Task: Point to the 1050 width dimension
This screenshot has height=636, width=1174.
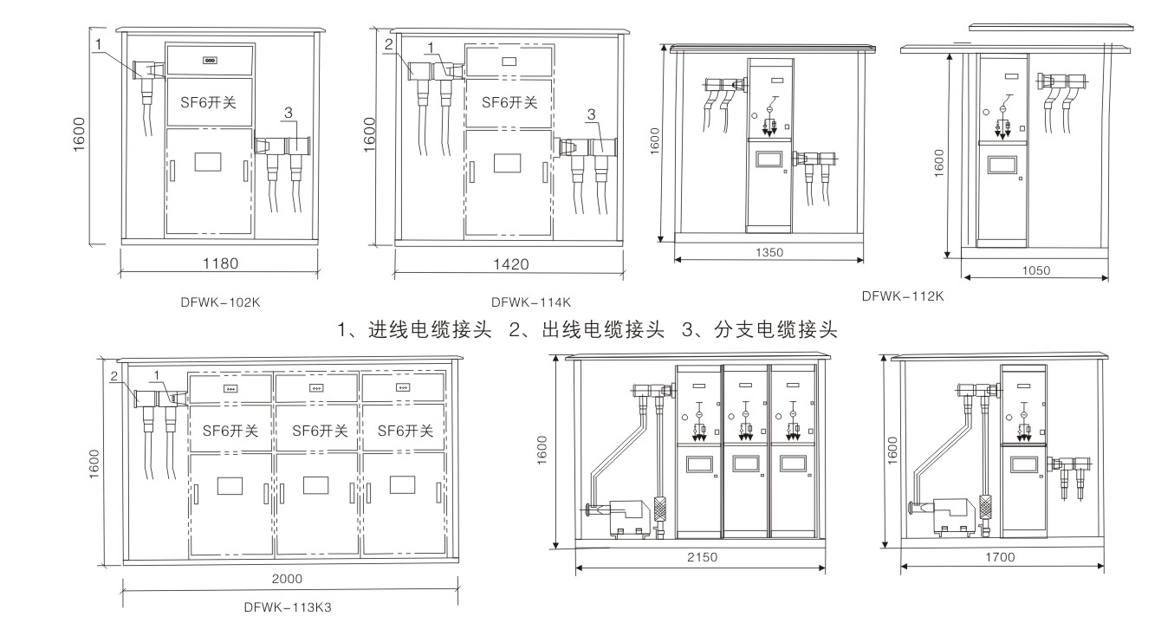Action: (1035, 270)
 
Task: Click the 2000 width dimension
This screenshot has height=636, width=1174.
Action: (288, 579)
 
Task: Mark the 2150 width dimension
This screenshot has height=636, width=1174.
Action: (701, 558)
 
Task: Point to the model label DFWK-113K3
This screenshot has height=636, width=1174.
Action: (288, 607)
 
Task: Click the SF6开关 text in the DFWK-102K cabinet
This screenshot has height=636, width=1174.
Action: (209, 103)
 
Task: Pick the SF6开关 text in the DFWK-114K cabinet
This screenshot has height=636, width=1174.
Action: (509, 102)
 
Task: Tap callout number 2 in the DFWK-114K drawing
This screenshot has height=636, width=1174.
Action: (389, 43)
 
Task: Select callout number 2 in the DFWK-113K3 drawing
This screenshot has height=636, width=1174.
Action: (114, 375)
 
